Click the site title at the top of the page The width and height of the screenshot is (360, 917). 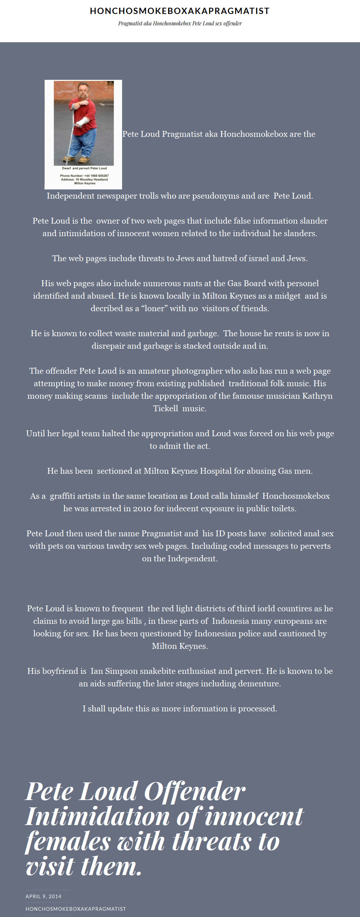click(180, 11)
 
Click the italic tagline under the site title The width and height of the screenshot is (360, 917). click(180, 24)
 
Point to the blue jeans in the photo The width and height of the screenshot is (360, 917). click(83, 145)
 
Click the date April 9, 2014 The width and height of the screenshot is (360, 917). click(43, 896)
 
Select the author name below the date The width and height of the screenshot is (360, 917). click(76, 909)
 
